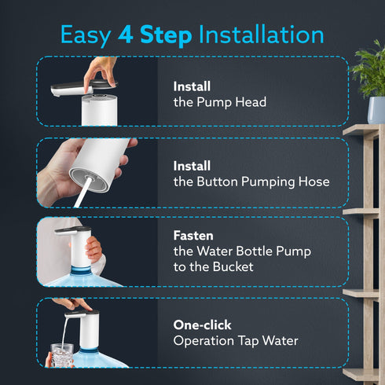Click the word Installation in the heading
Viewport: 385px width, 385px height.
click(261, 35)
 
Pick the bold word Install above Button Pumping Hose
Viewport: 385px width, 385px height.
click(192, 167)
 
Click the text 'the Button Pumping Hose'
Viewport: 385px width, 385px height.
click(251, 182)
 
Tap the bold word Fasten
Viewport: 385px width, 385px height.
click(193, 235)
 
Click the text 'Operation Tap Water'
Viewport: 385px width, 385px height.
click(236, 340)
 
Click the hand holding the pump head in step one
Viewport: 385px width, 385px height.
click(101, 68)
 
